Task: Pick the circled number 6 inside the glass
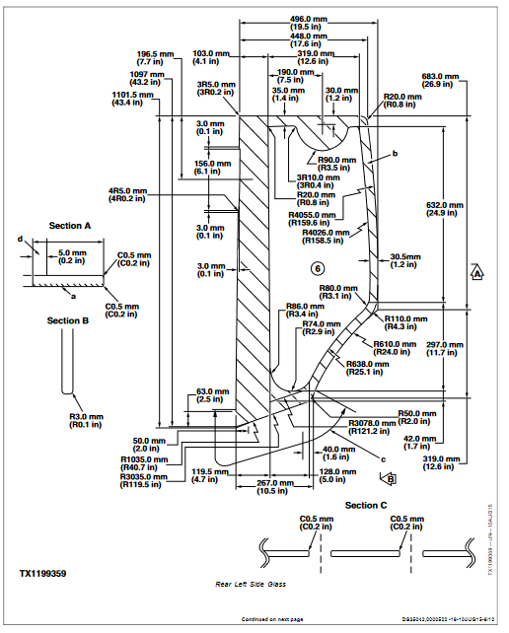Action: pos(317,268)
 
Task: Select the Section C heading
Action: pos(365,505)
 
